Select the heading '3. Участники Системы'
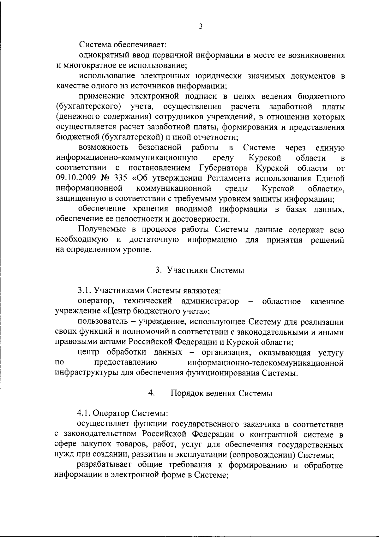pyautogui.click(x=200, y=271)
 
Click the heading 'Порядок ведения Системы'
pyautogui.click(x=221, y=393)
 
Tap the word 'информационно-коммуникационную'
pyautogui.click(x=127, y=158)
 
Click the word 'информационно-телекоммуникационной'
pyautogui.click(x=265, y=363)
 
